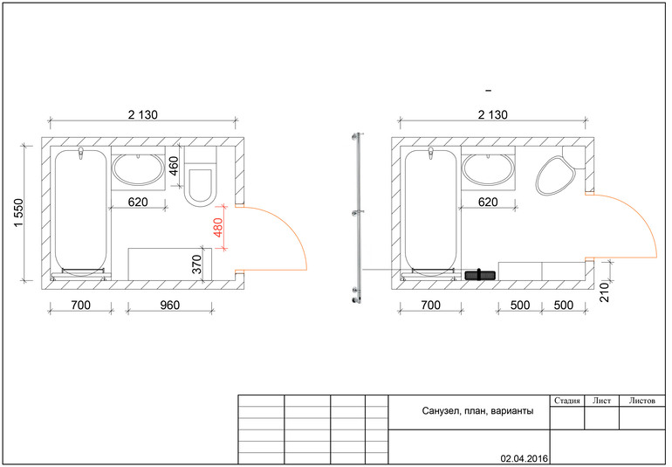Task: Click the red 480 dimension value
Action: point(218,228)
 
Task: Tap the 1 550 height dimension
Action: point(19,214)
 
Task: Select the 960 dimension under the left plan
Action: point(169,305)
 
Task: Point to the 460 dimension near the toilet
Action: point(174,167)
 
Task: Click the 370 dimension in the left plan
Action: point(196,264)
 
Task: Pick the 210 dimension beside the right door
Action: point(604,292)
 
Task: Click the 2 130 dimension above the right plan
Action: point(493,115)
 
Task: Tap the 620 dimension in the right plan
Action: point(488,202)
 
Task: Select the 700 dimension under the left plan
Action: point(80,305)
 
